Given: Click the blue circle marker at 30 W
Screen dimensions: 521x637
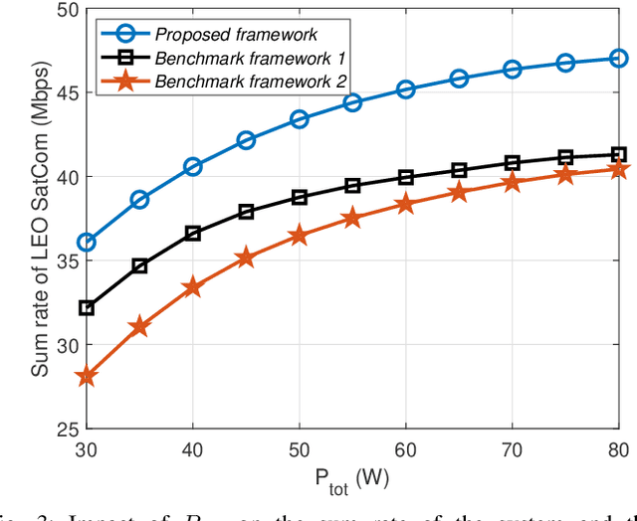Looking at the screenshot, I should click(x=87, y=243).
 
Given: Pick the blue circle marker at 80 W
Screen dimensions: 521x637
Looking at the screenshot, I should click(x=619, y=59).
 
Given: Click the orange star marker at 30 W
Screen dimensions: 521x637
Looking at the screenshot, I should click(x=87, y=377).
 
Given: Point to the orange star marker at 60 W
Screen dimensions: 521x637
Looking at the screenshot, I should click(x=406, y=204).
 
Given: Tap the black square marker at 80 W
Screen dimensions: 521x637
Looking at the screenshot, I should click(x=619, y=154).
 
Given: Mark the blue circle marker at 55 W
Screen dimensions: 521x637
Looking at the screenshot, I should click(x=352, y=102).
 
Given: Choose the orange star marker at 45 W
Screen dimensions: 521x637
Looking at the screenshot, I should click(x=246, y=259).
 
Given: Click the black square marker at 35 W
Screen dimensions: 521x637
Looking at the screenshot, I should click(x=139, y=265).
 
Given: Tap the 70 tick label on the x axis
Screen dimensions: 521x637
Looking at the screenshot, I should click(x=512, y=448).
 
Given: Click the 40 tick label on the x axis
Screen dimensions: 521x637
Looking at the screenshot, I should click(x=193, y=448).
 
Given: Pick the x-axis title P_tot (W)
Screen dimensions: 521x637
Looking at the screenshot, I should click(x=352, y=476).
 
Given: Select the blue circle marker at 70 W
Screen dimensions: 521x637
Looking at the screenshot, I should click(x=513, y=70).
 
